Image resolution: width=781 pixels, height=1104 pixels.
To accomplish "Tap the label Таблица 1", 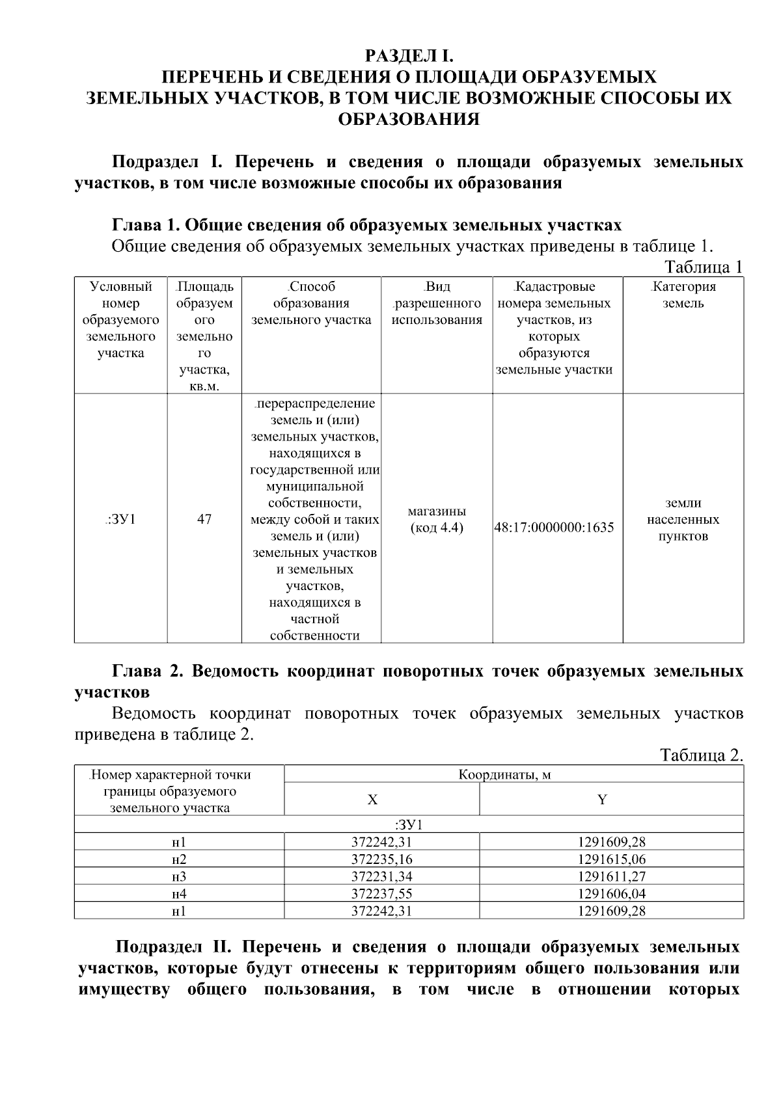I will pyautogui.click(x=702, y=267).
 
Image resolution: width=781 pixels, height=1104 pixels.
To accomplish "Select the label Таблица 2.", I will pyautogui.click(x=701, y=755).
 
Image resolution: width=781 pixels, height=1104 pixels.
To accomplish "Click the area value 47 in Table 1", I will pyautogui.click(x=204, y=519).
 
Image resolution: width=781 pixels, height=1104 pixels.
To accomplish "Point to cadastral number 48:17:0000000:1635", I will pyautogui.click(x=555, y=528).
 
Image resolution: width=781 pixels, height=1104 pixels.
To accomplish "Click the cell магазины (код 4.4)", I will pyautogui.click(x=437, y=519).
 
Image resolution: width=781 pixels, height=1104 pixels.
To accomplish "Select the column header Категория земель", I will pyautogui.click(x=683, y=295).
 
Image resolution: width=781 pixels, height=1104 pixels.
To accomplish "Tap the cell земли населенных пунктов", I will pyautogui.click(x=683, y=519).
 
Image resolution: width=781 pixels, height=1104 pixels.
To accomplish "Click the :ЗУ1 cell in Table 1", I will pyautogui.click(x=120, y=519).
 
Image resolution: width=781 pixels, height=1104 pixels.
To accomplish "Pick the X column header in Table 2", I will pyautogui.click(x=372, y=800).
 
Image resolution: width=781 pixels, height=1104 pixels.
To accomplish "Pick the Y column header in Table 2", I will pyautogui.click(x=602, y=800).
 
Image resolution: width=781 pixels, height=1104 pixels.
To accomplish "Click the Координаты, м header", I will pyautogui.click(x=504, y=775).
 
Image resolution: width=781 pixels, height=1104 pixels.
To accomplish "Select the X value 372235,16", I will pyautogui.click(x=381, y=859).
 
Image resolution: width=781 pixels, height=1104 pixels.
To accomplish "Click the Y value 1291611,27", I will pyautogui.click(x=611, y=876).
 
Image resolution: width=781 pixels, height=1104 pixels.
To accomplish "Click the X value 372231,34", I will pyautogui.click(x=381, y=876).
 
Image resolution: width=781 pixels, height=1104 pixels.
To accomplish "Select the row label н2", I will pyautogui.click(x=179, y=859).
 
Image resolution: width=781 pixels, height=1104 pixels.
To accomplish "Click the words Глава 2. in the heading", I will pyautogui.click(x=148, y=671).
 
